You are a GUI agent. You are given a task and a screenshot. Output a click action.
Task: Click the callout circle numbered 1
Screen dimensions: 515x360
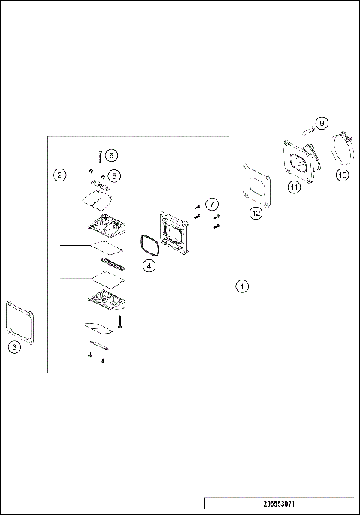tap(241, 286)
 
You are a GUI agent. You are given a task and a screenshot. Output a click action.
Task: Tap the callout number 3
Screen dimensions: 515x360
tap(13, 346)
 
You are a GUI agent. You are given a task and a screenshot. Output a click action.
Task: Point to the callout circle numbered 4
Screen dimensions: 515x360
tap(149, 265)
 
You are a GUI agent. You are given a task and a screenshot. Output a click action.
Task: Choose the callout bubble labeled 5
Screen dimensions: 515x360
tap(114, 175)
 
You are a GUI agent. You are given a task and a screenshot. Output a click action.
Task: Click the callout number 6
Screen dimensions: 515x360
tap(111, 155)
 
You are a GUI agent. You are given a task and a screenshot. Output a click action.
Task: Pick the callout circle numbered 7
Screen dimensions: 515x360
tap(213, 204)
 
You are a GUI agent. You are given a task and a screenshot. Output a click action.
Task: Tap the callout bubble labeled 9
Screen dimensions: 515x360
tap(322, 123)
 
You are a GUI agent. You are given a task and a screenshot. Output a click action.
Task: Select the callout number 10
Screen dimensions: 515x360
tap(342, 175)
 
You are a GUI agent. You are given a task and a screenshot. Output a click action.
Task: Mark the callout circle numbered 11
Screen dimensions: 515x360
tap(295, 188)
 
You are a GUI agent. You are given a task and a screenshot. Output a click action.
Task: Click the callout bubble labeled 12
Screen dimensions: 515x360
tap(256, 213)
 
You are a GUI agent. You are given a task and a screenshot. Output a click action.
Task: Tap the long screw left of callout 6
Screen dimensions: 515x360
tap(100, 155)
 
